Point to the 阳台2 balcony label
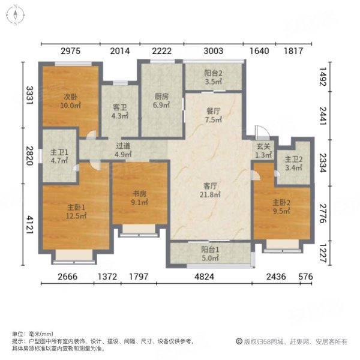point(214,76)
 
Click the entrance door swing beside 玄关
point(258,132)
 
